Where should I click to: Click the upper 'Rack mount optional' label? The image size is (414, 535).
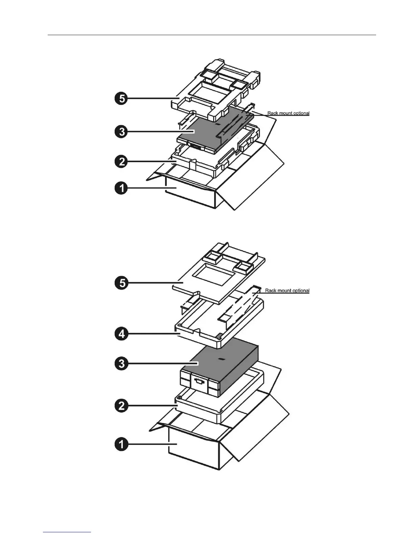[x=288, y=113]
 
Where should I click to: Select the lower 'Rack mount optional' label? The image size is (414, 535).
[x=287, y=290]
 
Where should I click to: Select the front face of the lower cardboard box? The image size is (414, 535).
[x=193, y=451]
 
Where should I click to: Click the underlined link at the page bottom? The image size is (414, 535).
[x=67, y=532]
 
